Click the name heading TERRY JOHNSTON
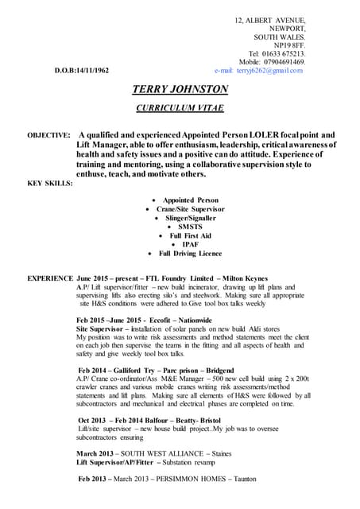coord(180,89)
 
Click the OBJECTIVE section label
coord(48,135)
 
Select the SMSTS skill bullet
coord(190,226)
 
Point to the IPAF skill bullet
coord(190,244)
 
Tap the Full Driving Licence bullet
coord(190,253)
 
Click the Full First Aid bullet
coord(190,235)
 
